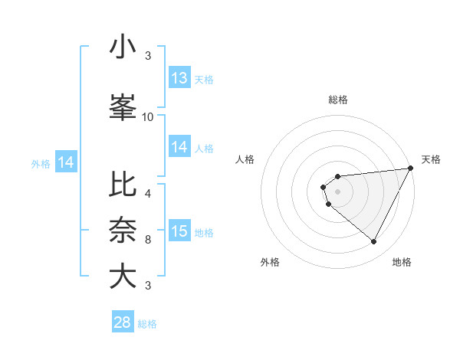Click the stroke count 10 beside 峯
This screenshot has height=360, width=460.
tap(148, 116)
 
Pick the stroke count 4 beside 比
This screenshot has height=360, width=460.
tap(148, 193)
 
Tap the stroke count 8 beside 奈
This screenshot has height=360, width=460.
tap(148, 239)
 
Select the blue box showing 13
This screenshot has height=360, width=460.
tap(179, 78)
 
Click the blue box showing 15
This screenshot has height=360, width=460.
tap(179, 231)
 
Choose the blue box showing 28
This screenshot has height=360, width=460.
tap(123, 322)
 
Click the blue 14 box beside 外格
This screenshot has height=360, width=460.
tap(66, 162)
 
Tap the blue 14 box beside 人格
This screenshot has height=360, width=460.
tap(179, 147)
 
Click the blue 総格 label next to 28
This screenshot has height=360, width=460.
tap(147, 324)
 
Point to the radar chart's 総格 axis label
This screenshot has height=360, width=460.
tap(337, 100)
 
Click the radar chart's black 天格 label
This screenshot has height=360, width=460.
tap(431, 159)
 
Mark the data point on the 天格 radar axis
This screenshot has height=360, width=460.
tap(412, 168)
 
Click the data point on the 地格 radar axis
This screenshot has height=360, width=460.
tap(373, 242)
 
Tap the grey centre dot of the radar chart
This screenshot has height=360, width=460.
tap(337, 190)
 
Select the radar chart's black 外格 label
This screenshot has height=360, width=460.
tap(271, 262)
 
